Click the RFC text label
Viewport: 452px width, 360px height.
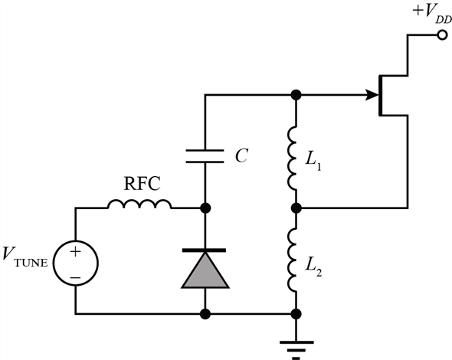click(142, 183)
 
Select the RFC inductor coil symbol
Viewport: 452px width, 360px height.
click(139, 204)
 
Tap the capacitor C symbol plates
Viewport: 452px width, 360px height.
click(205, 156)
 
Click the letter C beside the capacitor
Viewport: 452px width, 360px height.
click(241, 156)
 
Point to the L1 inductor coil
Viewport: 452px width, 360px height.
click(292, 158)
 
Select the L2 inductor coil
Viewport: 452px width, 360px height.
click(292, 260)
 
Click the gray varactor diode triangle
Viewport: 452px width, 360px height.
click(205, 270)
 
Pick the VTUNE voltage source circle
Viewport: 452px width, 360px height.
click(76, 263)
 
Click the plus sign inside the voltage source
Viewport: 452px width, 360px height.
click(76, 252)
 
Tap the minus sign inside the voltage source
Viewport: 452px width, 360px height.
click(76, 278)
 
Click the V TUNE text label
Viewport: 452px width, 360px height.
click(25, 257)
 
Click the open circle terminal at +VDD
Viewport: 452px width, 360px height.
click(441, 35)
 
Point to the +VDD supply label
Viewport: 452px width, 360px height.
click(432, 14)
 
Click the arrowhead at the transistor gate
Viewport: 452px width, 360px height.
click(372, 95)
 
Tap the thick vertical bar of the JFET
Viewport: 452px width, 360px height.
click(381, 95)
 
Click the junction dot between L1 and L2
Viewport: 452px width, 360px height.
click(296, 208)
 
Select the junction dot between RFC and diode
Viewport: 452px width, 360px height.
click(205, 208)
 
